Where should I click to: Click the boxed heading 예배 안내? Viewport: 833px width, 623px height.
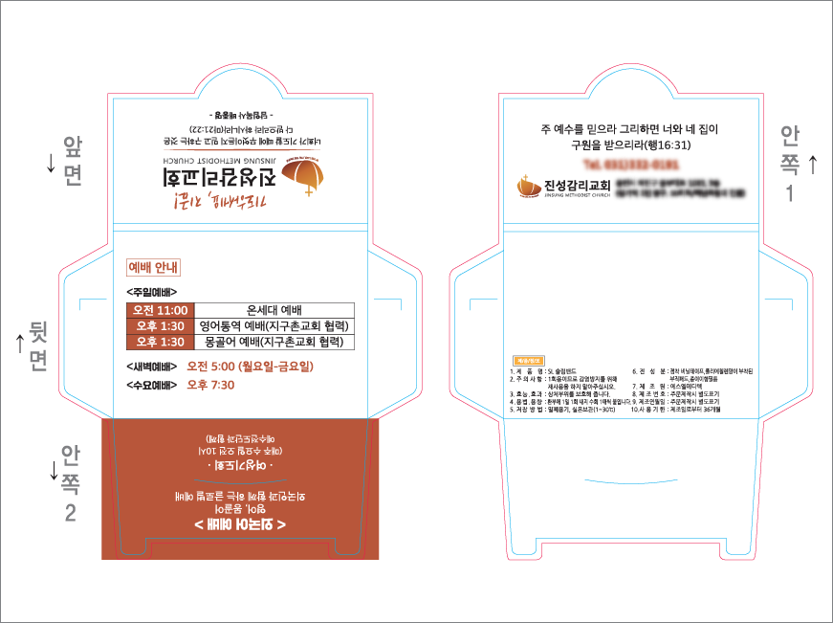(x=154, y=267)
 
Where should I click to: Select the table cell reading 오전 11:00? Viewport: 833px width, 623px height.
(x=161, y=310)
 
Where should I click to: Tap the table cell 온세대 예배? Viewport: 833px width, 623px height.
(x=274, y=310)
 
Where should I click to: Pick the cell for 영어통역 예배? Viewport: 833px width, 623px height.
(x=274, y=326)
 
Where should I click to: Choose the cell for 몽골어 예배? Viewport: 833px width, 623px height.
(x=274, y=342)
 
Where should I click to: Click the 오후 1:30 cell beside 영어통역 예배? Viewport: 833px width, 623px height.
(x=161, y=326)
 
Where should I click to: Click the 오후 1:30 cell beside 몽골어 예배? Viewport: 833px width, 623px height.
(x=161, y=342)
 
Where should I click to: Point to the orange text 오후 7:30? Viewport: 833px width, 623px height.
(x=210, y=385)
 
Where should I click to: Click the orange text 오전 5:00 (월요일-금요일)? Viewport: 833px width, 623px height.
(x=251, y=367)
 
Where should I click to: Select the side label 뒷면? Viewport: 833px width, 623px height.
(x=39, y=345)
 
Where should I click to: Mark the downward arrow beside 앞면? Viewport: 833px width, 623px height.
(x=51, y=164)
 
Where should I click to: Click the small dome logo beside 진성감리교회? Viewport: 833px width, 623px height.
(x=526, y=185)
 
